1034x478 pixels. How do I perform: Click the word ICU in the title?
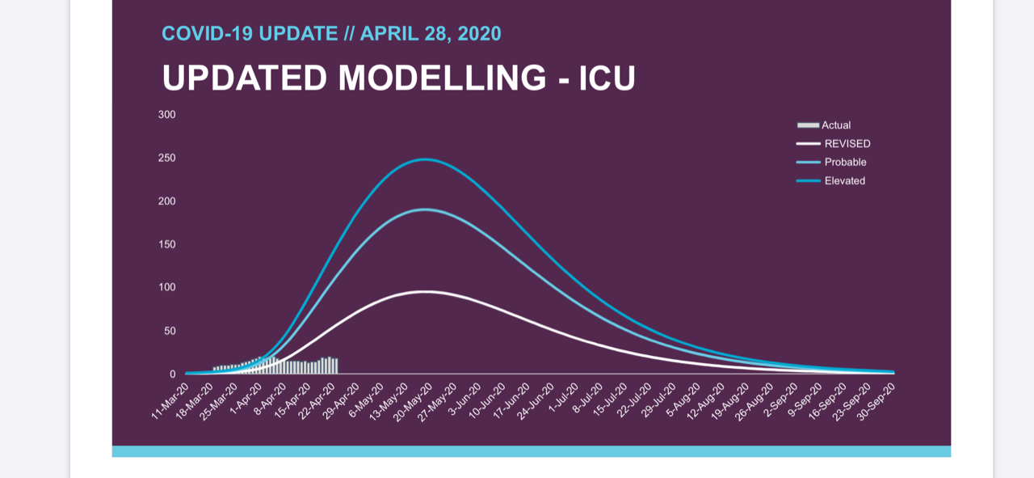click(x=607, y=78)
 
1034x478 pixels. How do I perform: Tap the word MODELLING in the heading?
click(x=442, y=78)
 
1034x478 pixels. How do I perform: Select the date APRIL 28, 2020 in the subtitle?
click(x=431, y=34)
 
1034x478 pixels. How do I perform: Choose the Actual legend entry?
click(x=824, y=125)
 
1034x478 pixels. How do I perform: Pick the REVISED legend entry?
click(x=833, y=144)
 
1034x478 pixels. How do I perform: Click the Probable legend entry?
click(x=831, y=163)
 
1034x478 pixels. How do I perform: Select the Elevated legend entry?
click(x=831, y=180)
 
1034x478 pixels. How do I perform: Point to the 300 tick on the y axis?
click(x=166, y=115)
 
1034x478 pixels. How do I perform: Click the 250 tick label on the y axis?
click(x=166, y=158)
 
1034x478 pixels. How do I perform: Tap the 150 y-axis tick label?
click(x=166, y=244)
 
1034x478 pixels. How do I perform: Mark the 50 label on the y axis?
click(x=170, y=331)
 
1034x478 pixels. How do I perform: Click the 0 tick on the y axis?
click(x=173, y=374)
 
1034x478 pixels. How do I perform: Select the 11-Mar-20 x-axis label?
click(x=170, y=401)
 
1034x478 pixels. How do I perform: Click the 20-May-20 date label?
click(x=413, y=402)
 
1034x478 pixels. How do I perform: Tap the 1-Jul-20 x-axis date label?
click(x=561, y=399)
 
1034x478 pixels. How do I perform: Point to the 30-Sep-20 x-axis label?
click(x=876, y=402)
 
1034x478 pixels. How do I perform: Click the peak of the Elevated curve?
click(x=425, y=159)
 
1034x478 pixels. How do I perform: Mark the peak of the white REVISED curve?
click(x=426, y=291)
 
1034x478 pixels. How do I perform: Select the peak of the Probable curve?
click(x=425, y=209)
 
